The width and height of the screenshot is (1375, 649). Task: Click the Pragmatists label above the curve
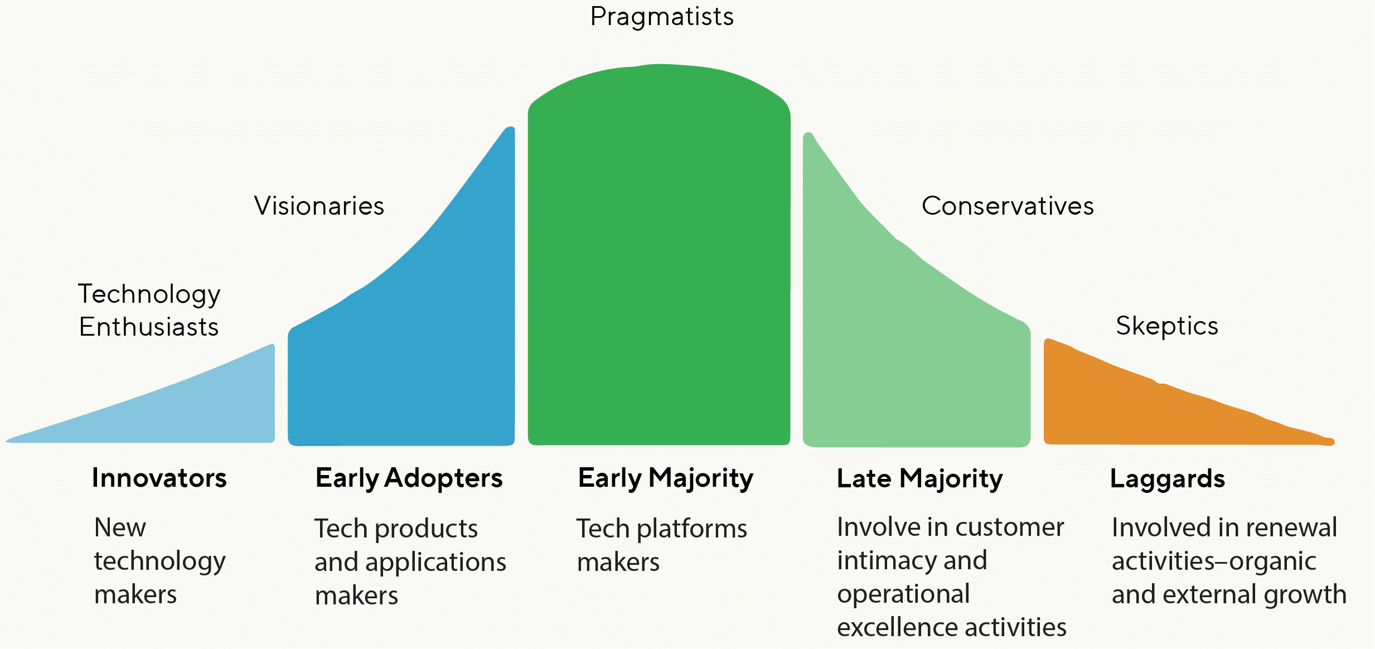point(662,17)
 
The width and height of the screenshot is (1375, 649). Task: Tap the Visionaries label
point(319,206)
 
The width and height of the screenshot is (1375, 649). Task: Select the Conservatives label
point(1008,206)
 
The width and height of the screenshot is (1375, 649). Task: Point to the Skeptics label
point(1167,326)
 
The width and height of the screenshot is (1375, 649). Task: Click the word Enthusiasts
point(149,327)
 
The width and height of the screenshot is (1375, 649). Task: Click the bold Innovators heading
point(159,478)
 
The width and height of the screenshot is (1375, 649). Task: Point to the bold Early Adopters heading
point(409,478)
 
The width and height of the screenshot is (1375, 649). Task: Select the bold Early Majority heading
point(665,478)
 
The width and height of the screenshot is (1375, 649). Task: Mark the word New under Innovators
point(120,527)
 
